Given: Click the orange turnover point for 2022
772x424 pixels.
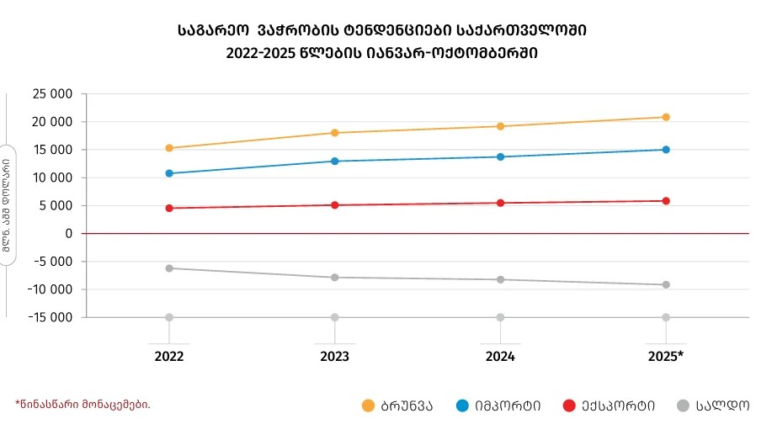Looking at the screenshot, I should [x=169, y=148].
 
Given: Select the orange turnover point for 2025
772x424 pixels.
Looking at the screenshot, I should [x=666, y=117].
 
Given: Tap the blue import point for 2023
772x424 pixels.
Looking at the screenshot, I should [x=335, y=161].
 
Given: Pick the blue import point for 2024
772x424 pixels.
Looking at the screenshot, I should [x=501, y=156].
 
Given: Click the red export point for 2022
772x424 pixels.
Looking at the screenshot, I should [x=169, y=208].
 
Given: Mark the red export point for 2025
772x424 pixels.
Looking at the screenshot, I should [x=666, y=201].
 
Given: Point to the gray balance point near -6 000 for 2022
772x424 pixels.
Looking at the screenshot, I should [x=169, y=268].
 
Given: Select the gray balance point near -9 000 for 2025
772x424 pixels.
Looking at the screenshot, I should [x=666, y=285].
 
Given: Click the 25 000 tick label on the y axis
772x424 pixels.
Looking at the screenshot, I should [x=50, y=94].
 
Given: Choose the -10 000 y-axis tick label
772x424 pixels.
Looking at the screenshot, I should [x=46, y=289].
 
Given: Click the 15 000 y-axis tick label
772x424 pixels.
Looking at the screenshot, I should [x=50, y=150].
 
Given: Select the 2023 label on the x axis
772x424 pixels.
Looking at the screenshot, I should [x=335, y=356].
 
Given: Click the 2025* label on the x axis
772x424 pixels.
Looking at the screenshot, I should [x=666, y=356].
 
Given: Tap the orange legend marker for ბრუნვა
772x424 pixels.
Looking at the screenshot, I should [x=368, y=405].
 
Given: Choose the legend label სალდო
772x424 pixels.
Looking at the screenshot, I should [x=721, y=405].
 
